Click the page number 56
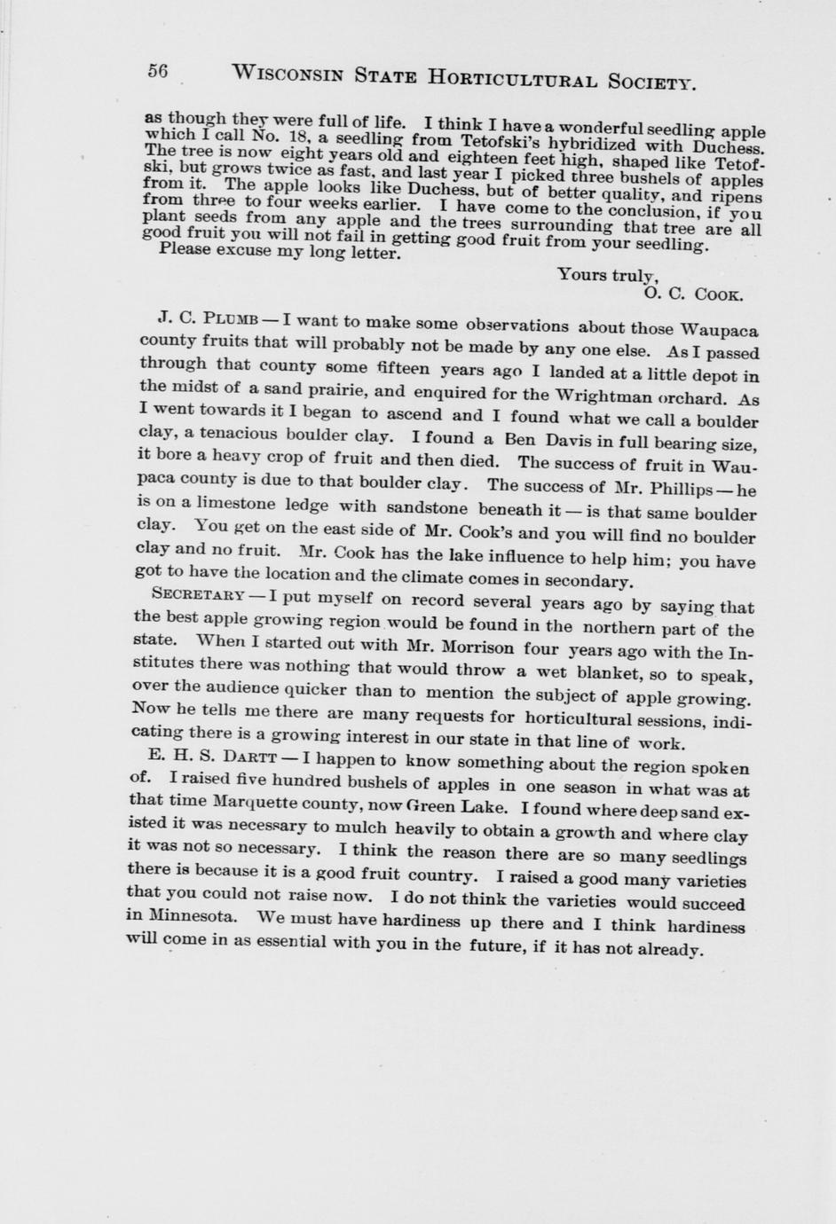pyautogui.click(x=157, y=73)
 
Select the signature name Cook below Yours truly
pyautogui.click(x=718, y=294)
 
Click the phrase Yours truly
pyautogui.click(x=607, y=275)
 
